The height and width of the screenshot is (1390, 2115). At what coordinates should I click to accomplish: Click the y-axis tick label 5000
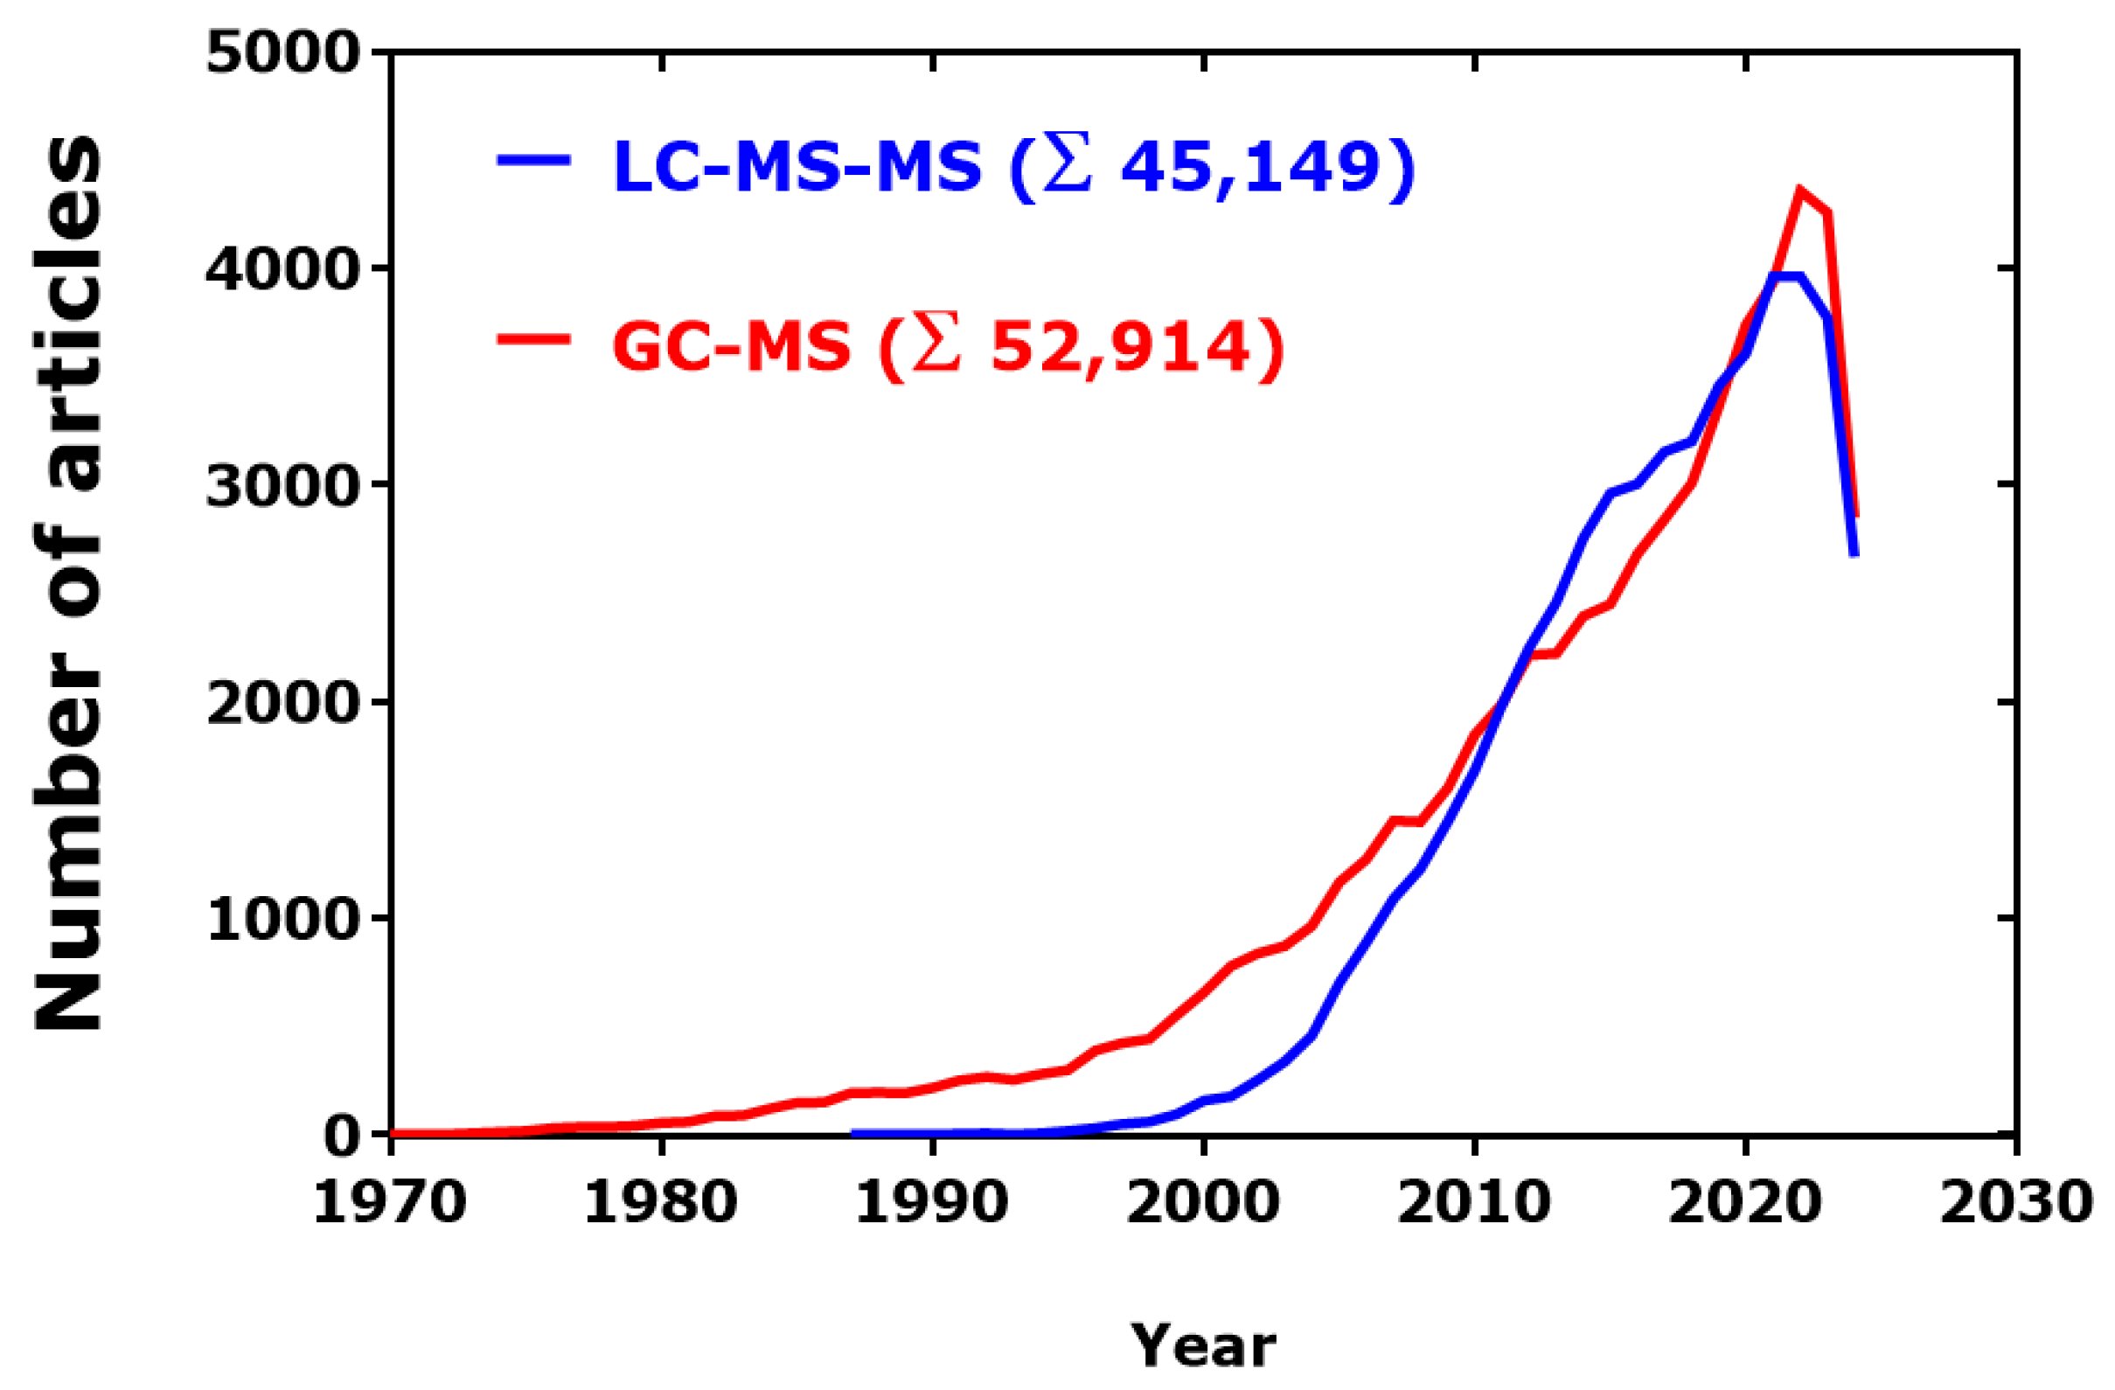pyautogui.click(x=282, y=55)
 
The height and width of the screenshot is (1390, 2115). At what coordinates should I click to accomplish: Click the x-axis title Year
pyautogui.click(x=1203, y=1346)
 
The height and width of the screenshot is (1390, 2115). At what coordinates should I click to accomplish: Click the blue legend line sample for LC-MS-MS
pyautogui.click(x=533, y=161)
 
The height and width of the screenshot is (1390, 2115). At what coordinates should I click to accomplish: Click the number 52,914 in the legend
pyautogui.click(x=1122, y=345)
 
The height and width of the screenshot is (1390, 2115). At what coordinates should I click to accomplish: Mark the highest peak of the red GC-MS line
pyautogui.click(x=1799, y=191)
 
